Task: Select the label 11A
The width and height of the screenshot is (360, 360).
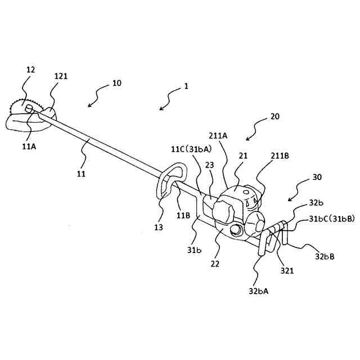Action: pos(28,144)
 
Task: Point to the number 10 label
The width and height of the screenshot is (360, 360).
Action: pos(116,83)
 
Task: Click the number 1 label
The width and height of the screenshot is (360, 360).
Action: pos(186,87)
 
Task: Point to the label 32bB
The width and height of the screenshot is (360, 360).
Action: pos(325,257)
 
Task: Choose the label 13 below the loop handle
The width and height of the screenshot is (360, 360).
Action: pos(159,227)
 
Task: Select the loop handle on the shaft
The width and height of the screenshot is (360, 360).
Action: pos(170,179)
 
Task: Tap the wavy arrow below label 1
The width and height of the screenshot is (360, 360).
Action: pos(166,102)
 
